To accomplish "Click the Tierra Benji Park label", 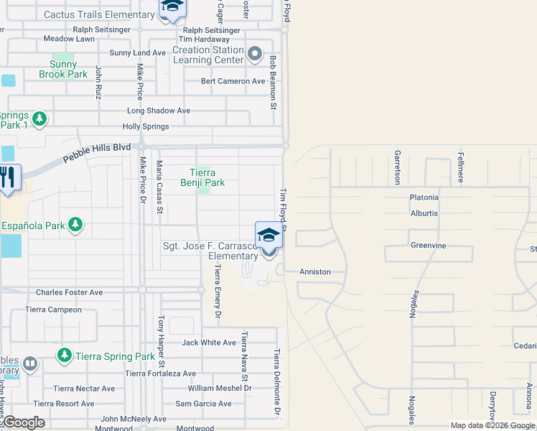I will point(207,177).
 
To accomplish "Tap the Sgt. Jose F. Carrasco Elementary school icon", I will point(268,236).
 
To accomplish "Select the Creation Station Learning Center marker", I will point(254,55).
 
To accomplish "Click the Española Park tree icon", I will point(75,226).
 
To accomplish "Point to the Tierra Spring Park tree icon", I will point(65,356).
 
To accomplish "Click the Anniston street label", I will point(315,272).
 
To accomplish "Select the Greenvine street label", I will point(428,246).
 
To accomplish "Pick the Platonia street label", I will point(424,198).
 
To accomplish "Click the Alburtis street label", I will point(424,213).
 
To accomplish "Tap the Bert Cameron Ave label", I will point(233,81).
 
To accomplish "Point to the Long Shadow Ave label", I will point(159,111).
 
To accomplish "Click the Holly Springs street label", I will point(146,126).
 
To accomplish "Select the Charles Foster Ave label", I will point(70,292).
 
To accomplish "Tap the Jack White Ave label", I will point(209,343).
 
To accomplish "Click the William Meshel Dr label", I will point(220,388).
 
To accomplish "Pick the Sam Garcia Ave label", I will point(204,404).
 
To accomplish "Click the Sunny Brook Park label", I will point(63,69).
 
